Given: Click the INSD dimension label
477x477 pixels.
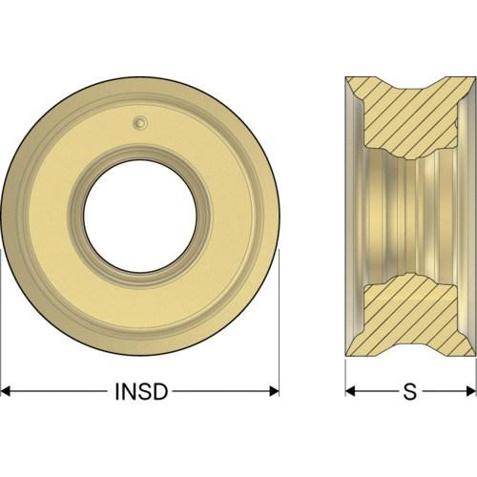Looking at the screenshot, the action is tap(141, 391).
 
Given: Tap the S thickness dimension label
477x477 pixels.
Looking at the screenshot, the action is tap(410, 391).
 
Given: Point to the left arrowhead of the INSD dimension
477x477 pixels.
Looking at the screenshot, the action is tap(6, 391).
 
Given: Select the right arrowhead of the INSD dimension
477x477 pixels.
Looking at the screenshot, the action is tap(274, 391).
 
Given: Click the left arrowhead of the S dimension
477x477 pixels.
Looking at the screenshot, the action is tap(350, 391).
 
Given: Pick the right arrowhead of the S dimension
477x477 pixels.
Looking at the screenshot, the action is tap(470, 391).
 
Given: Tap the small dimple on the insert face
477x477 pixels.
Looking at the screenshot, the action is tap(139, 122).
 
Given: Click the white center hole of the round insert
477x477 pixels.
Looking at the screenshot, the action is tap(140, 217).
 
